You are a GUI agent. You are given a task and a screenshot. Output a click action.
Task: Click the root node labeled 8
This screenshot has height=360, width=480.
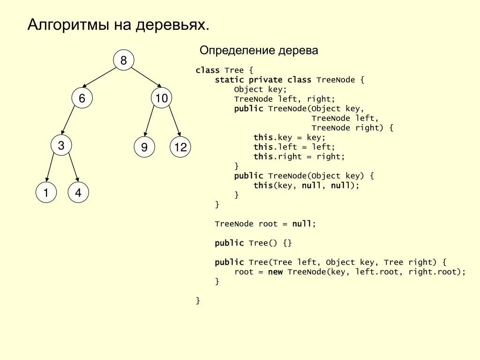124,60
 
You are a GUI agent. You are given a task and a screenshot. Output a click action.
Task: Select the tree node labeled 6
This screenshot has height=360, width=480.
82,98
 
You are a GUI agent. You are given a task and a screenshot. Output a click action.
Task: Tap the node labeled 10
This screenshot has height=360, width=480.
162,98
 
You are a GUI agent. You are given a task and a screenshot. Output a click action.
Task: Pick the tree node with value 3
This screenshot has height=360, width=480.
61,146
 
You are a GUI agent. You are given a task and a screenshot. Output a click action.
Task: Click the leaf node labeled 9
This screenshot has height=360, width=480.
144,148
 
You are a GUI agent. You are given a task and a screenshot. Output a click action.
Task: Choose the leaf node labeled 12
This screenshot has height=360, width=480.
180,148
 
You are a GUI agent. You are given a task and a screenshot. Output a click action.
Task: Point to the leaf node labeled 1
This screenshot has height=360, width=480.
46,193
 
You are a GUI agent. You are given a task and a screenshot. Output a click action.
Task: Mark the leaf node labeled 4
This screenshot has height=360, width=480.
78,193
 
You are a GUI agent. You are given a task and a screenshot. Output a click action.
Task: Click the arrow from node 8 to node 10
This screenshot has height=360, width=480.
146,77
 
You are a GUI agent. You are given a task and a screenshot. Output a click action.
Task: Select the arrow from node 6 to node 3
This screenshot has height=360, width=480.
68,121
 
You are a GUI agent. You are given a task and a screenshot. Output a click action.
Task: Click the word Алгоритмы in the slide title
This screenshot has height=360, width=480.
67,25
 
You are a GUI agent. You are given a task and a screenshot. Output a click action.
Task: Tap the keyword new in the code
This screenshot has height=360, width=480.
275,272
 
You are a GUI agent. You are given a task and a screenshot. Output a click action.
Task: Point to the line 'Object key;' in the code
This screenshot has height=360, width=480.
260,89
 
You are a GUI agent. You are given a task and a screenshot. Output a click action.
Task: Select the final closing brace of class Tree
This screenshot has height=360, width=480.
198,300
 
